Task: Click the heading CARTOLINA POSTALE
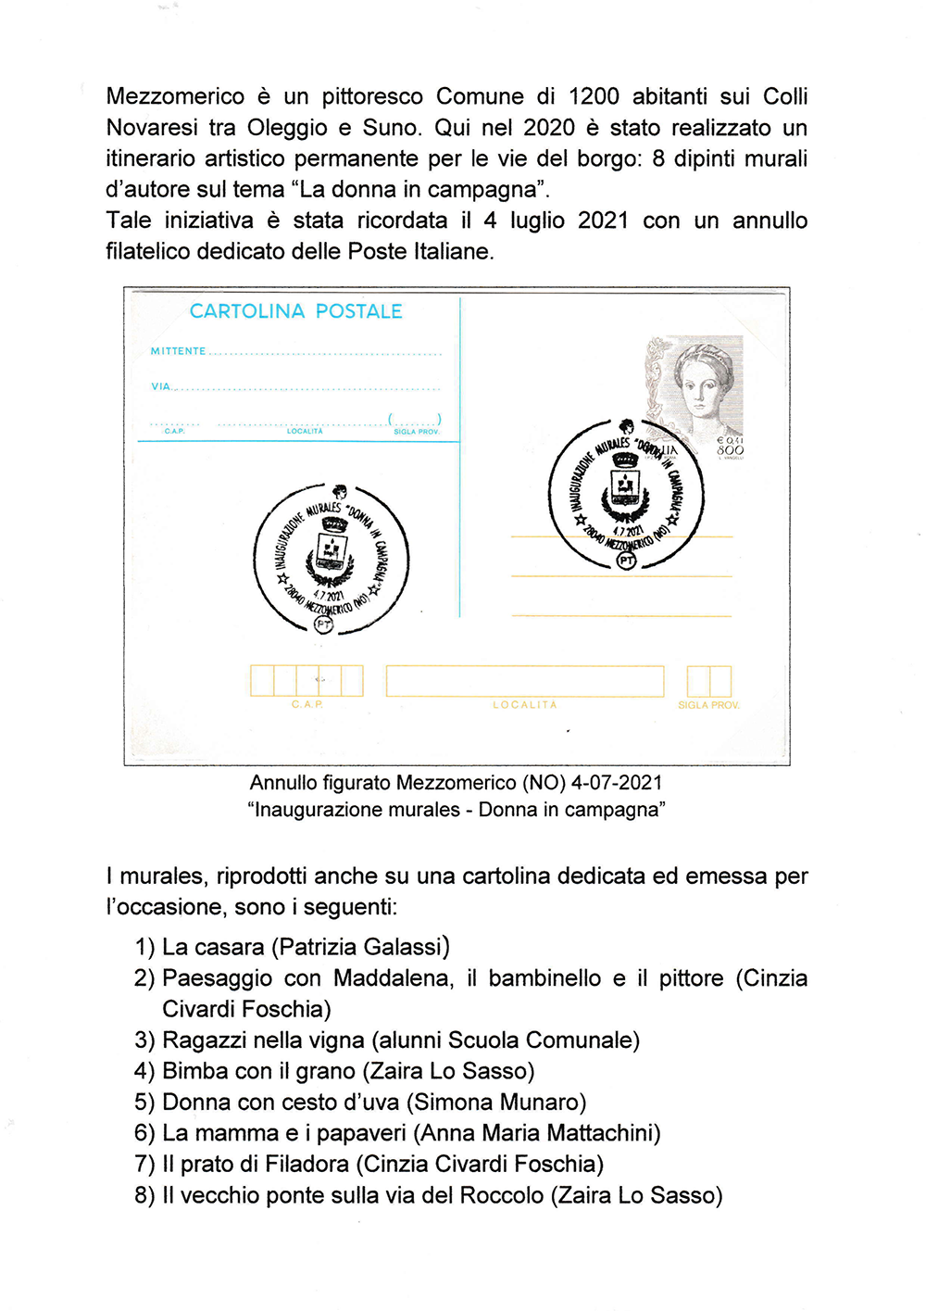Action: click(x=295, y=311)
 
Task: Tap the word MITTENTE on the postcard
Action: click(x=178, y=351)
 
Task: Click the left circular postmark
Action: click(x=331, y=559)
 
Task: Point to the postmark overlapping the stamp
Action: click(x=626, y=493)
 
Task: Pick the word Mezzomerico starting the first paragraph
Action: click(x=175, y=96)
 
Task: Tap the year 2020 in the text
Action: click(x=549, y=127)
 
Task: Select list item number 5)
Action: click(x=144, y=1102)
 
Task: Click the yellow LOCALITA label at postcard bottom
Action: click(x=524, y=705)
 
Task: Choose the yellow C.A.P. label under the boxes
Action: click(x=307, y=705)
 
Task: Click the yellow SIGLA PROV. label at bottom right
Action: click(x=708, y=705)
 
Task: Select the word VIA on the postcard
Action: click(x=161, y=386)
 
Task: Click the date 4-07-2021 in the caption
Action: click(x=617, y=782)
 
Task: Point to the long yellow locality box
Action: click(x=524, y=681)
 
